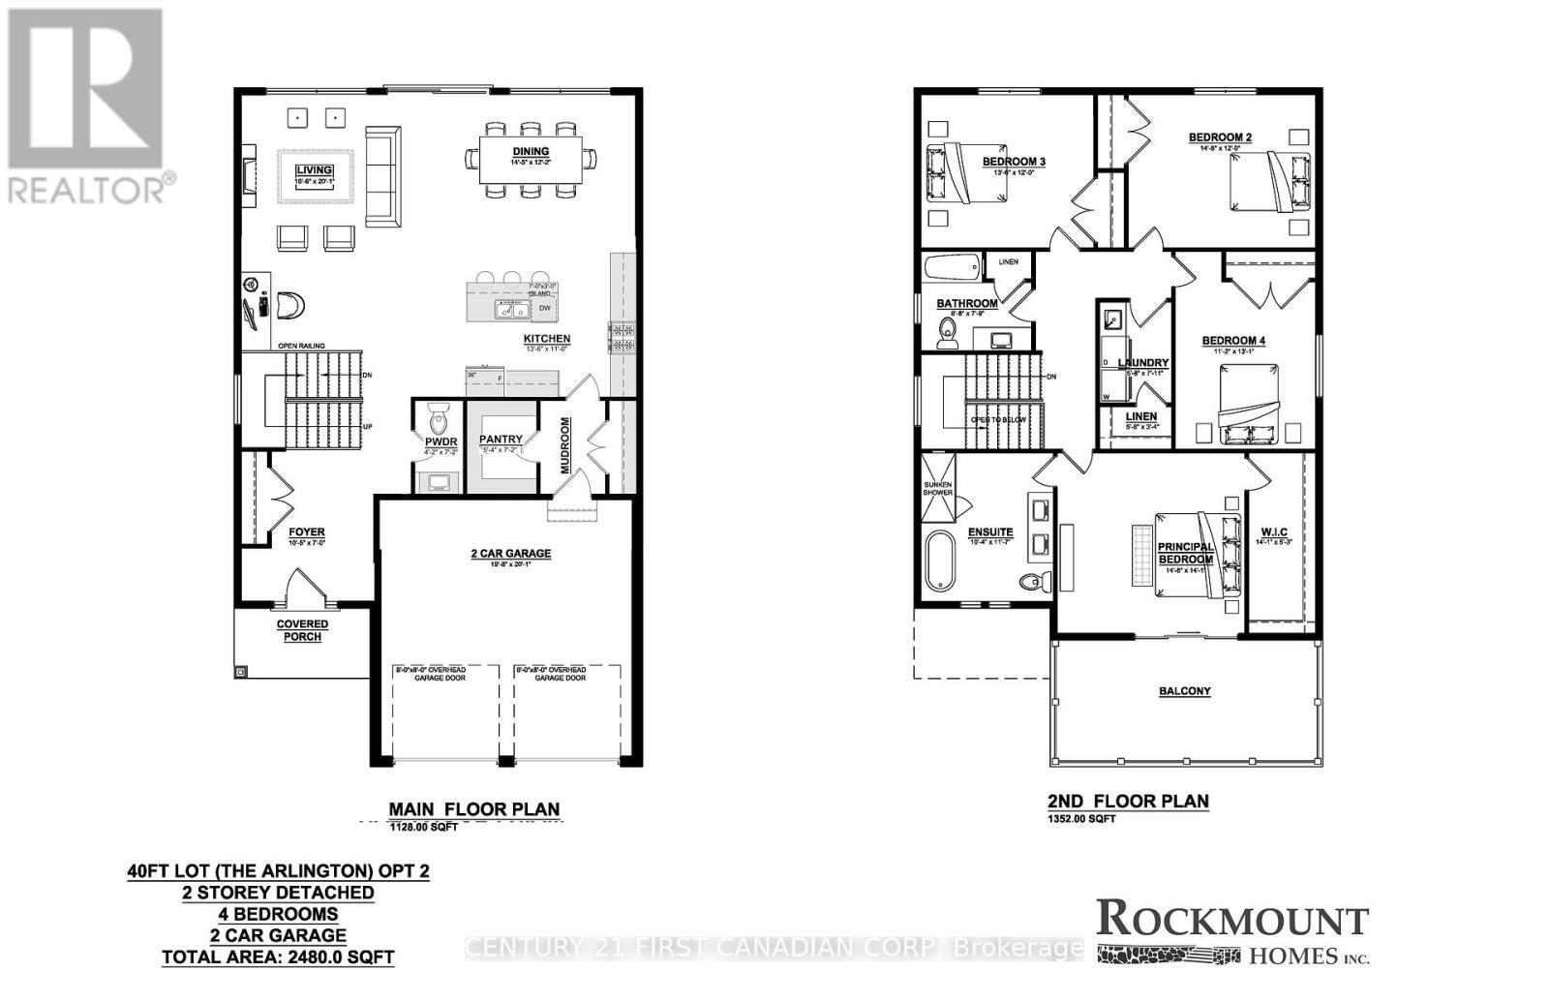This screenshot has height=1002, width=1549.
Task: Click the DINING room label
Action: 530,151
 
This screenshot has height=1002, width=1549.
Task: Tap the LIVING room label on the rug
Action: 314,171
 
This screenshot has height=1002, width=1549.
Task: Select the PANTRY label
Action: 501,440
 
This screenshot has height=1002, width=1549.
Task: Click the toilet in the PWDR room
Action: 440,423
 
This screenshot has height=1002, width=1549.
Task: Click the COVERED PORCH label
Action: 302,630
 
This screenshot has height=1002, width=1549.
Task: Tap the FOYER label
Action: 307,532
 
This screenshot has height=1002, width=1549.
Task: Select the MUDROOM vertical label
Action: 564,446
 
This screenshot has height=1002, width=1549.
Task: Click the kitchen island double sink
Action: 510,309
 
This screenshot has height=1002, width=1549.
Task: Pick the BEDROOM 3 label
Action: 1014,162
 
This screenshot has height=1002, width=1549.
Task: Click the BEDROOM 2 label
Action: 1220,137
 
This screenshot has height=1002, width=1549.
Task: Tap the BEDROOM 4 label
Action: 1233,341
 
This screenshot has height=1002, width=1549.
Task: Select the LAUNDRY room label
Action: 1143,363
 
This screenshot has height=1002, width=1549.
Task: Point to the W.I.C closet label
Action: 1274,531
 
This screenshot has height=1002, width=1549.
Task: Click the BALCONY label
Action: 1185,691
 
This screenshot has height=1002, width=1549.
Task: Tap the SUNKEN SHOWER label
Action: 937,488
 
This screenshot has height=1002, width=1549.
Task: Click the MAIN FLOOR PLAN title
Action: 473,809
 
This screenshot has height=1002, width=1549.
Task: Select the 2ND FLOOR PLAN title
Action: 1128,801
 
